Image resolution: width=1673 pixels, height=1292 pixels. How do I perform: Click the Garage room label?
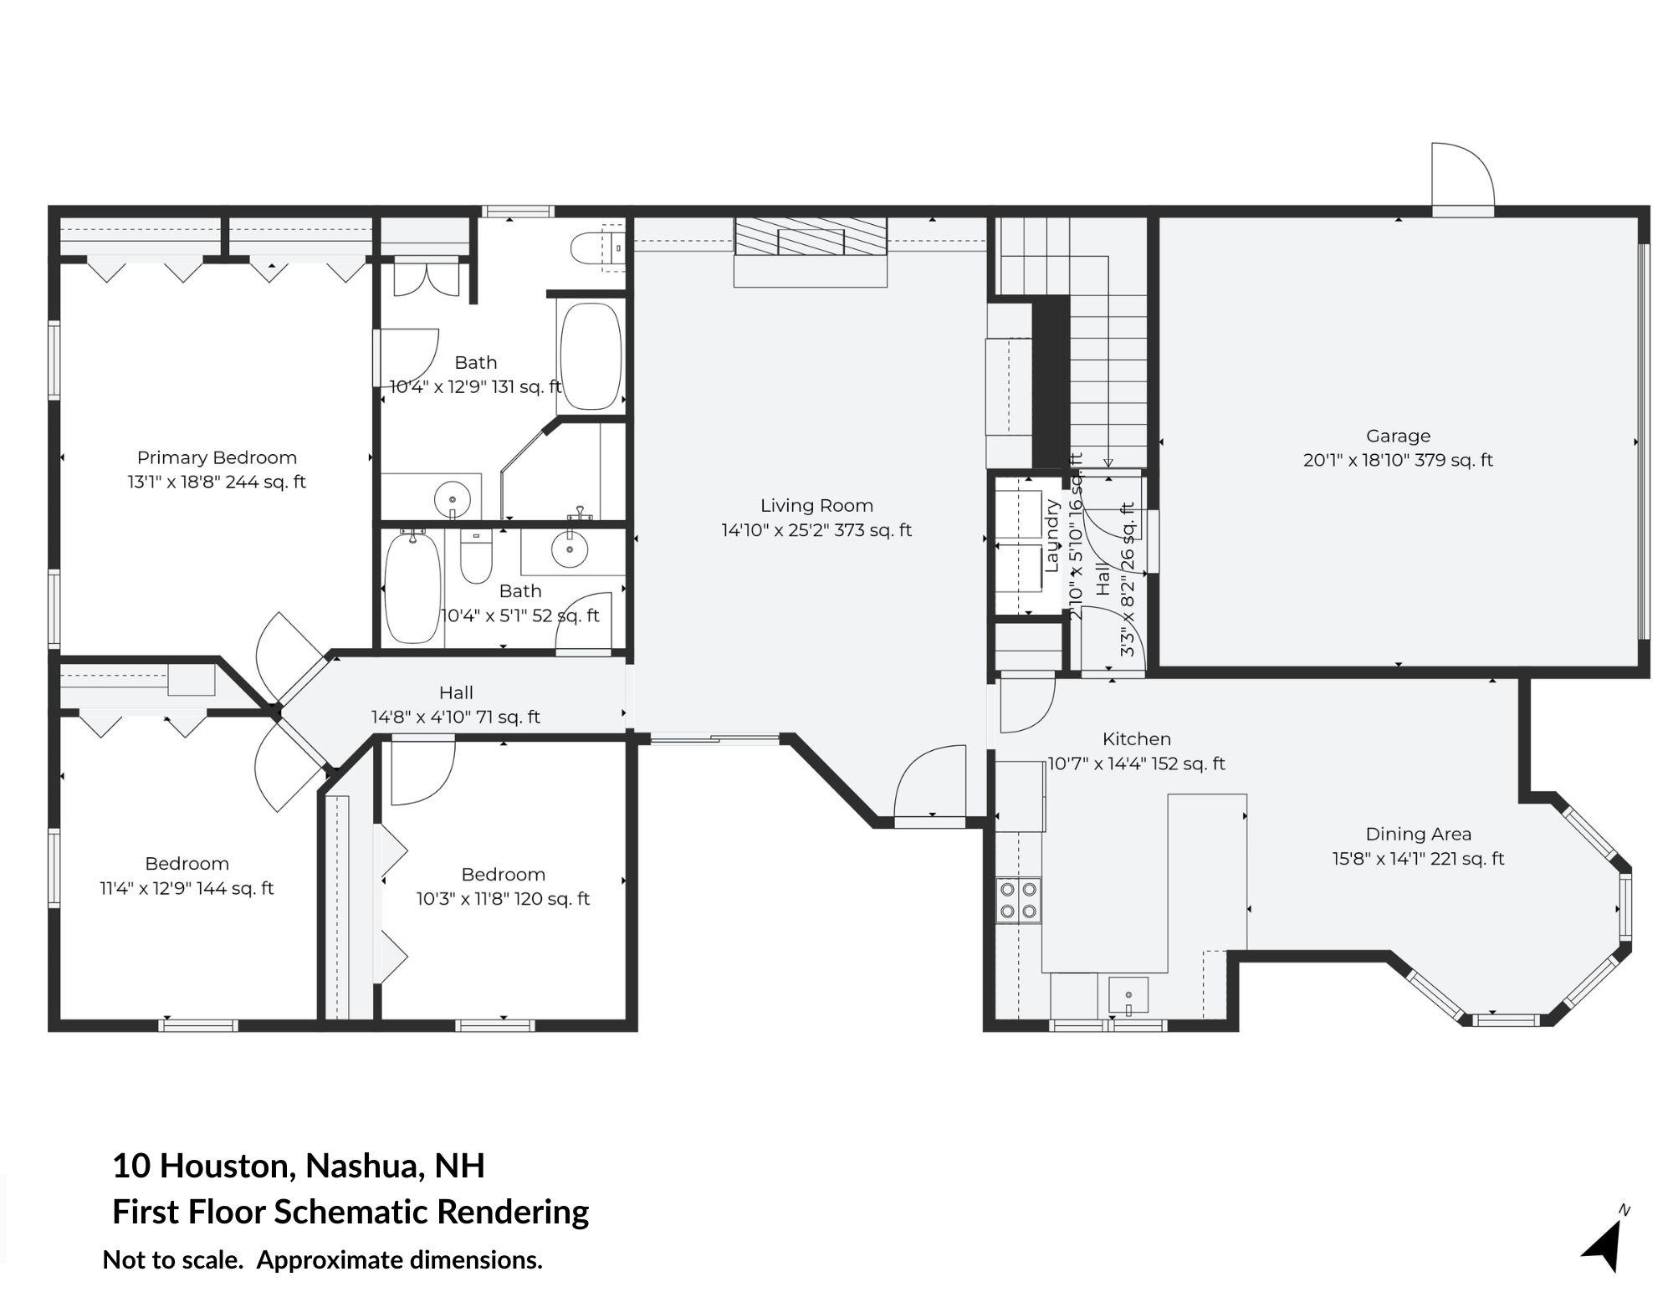pos(1398,436)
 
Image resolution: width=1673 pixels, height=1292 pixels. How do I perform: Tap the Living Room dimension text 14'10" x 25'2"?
pos(816,530)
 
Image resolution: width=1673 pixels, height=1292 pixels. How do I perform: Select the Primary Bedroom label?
pos(217,457)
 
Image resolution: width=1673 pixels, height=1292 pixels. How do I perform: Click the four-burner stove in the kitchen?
pos(1018,900)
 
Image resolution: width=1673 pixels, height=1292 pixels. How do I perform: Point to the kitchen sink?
pos(1128,995)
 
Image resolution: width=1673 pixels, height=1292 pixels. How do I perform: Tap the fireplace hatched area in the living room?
pos(810,237)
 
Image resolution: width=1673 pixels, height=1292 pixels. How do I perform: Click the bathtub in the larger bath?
pos(591,356)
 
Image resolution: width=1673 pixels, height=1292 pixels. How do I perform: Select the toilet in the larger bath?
pos(596,248)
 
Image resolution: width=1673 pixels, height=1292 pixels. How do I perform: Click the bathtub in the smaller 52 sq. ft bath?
pos(412,588)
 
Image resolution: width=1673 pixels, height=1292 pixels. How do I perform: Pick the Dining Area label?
pos(1418,834)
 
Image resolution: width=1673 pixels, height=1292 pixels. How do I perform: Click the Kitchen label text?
pos(1136,739)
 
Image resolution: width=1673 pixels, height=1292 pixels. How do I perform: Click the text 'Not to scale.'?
pos(172,1260)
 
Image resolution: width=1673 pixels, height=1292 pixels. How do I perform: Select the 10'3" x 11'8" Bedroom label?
pos(503,875)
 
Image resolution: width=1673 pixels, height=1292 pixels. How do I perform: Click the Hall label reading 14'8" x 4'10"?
pos(456,705)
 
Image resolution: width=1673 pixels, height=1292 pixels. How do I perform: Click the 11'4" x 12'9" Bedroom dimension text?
pos(187,888)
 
